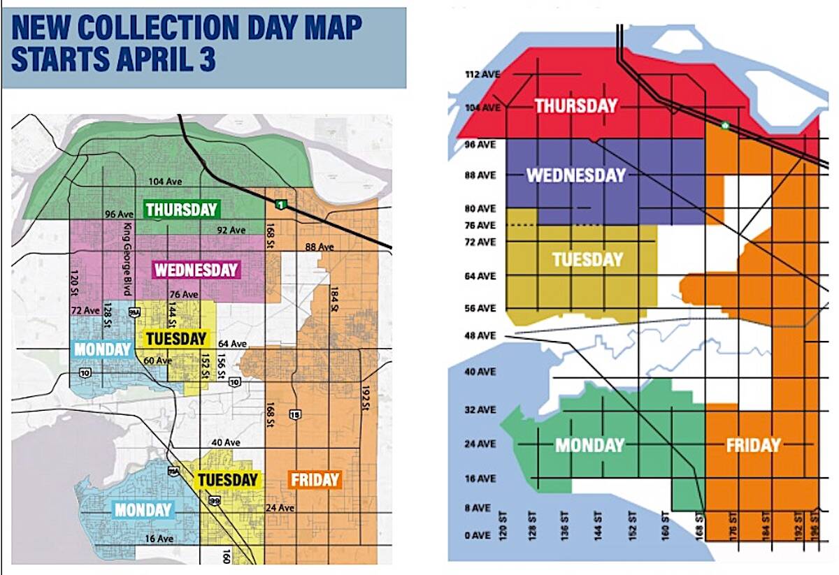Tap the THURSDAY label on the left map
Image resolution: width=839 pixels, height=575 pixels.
pyautogui.click(x=181, y=209)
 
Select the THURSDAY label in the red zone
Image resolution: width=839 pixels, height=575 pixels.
pyautogui.click(x=576, y=105)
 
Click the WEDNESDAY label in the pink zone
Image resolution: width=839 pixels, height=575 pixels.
pyautogui.click(x=196, y=270)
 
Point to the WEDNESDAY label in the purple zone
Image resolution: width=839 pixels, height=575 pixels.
pyautogui.click(x=575, y=175)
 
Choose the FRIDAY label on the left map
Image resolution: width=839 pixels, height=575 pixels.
pyautogui.click(x=315, y=480)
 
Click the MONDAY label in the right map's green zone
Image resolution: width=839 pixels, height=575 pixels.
pyautogui.click(x=589, y=445)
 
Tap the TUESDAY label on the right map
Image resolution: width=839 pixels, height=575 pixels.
pyautogui.click(x=587, y=260)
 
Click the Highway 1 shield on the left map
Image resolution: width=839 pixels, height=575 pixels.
pyautogui.click(x=280, y=204)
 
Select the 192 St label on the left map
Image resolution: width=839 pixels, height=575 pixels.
pyautogui.click(x=364, y=398)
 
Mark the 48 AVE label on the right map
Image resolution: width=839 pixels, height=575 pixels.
pyautogui.click(x=480, y=336)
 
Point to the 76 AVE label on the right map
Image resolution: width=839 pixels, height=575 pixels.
pyautogui.click(x=480, y=225)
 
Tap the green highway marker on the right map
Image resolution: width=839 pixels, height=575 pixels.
pyautogui.click(x=725, y=126)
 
